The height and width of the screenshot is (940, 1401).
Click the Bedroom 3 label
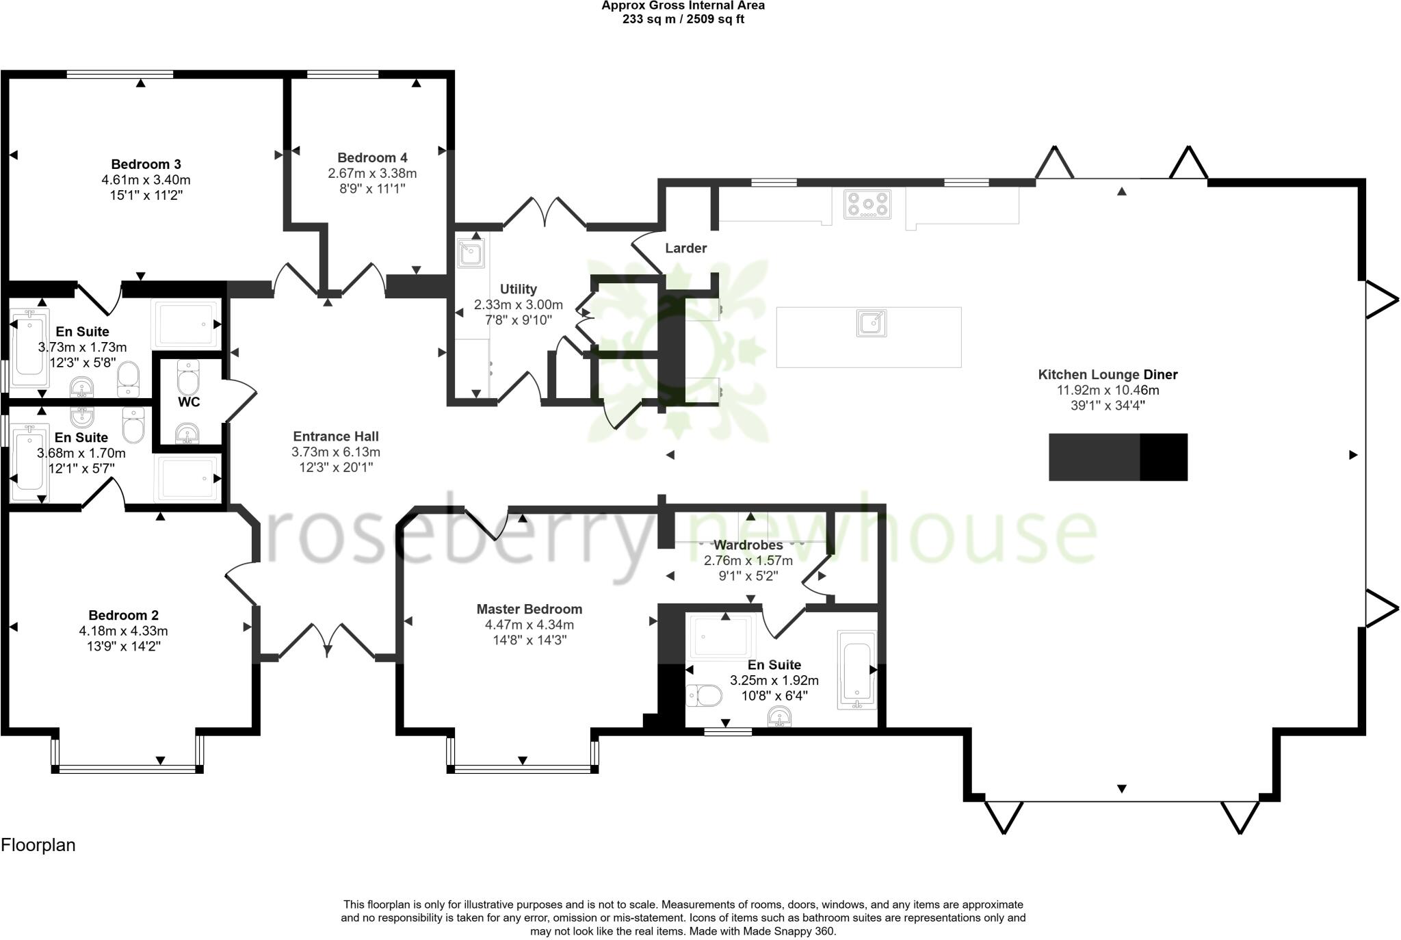click(x=146, y=164)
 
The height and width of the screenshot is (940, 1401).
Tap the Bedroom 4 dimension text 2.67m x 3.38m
click(x=372, y=173)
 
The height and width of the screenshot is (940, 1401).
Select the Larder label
click(x=685, y=248)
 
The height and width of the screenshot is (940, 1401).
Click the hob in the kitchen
click(x=867, y=204)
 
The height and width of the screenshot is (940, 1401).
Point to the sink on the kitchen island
click(x=872, y=323)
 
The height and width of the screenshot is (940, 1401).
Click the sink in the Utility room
click(x=471, y=254)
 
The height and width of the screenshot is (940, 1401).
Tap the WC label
click(x=189, y=402)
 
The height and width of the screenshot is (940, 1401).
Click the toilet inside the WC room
click(x=188, y=376)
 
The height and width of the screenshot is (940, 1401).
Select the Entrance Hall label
click(x=335, y=436)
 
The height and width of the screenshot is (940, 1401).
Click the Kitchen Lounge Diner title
click(x=1108, y=374)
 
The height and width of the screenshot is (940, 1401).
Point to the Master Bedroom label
click(x=529, y=609)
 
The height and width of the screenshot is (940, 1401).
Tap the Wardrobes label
click(x=748, y=545)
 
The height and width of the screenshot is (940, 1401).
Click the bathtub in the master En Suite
click(x=856, y=670)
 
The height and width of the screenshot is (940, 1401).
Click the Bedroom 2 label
click(x=123, y=615)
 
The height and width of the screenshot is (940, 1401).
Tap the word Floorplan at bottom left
click(x=38, y=845)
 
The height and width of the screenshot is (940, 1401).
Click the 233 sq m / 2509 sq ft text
click(x=683, y=19)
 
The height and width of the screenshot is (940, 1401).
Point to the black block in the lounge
click(x=1117, y=457)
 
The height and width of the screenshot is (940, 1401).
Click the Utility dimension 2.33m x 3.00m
click(x=518, y=304)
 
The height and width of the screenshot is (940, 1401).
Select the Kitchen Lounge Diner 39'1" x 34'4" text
click(x=1108, y=405)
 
